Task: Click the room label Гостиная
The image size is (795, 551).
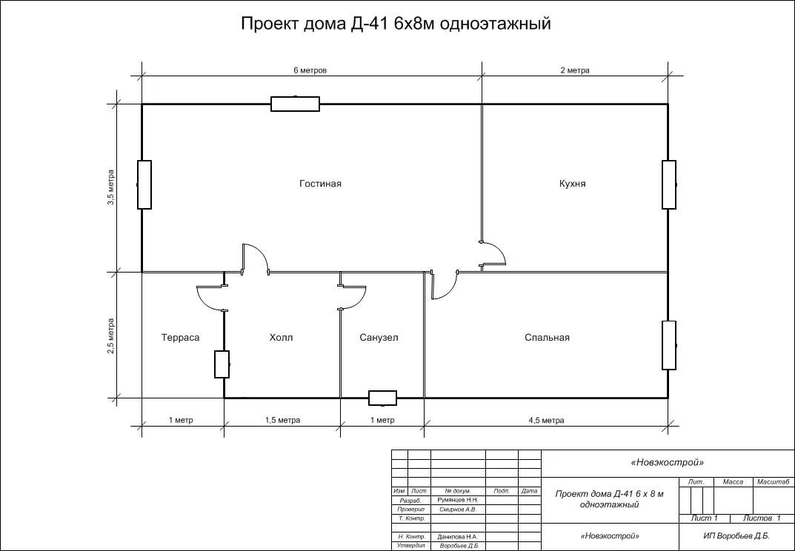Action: [x=320, y=184]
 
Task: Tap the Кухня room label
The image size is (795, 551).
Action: [x=573, y=184]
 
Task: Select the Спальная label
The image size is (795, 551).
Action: [x=547, y=338]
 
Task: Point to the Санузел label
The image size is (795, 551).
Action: [x=379, y=338]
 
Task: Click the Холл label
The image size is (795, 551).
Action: [x=281, y=338]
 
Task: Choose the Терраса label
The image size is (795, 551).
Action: [x=181, y=338]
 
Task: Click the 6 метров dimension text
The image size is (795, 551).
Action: [x=310, y=70]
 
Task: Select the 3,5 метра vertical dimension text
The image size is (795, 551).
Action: [x=110, y=187]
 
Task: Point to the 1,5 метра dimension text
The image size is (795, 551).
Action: [x=282, y=420]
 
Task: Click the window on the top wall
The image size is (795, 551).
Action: [x=295, y=104]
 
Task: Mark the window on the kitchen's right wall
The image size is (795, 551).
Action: [x=669, y=184]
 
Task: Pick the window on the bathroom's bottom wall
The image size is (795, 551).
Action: [x=383, y=398]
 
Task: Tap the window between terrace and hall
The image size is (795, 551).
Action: [x=222, y=364]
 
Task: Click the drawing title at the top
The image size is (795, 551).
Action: [x=396, y=23]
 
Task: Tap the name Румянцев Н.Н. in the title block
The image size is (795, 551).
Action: [x=458, y=500]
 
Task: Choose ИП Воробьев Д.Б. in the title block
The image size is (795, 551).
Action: [x=736, y=535]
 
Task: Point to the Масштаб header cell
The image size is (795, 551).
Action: [x=774, y=482]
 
